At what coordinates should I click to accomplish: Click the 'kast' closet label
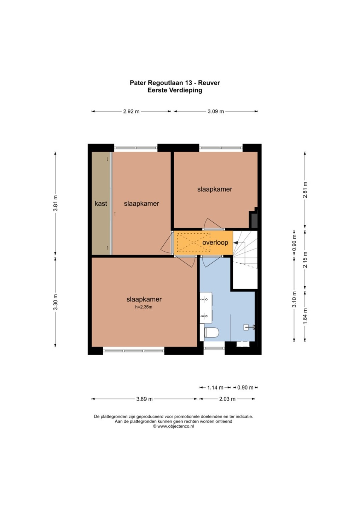[x=101, y=203]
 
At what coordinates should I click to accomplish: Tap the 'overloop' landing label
[x=215, y=243]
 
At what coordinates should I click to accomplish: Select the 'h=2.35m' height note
[x=144, y=307]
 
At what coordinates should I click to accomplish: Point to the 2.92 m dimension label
[x=131, y=111]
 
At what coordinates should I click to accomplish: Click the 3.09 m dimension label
[x=216, y=111]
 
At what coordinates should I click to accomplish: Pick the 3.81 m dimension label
[x=55, y=203]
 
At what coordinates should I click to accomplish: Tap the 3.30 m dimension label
[x=55, y=302]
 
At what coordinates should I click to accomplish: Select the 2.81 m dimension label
[x=305, y=190]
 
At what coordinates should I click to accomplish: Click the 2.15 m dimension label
[x=305, y=260]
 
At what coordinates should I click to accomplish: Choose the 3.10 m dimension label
[x=294, y=299]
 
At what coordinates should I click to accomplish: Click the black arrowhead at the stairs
[x=236, y=243]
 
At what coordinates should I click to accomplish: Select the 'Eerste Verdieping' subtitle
[x=175, y=90]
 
